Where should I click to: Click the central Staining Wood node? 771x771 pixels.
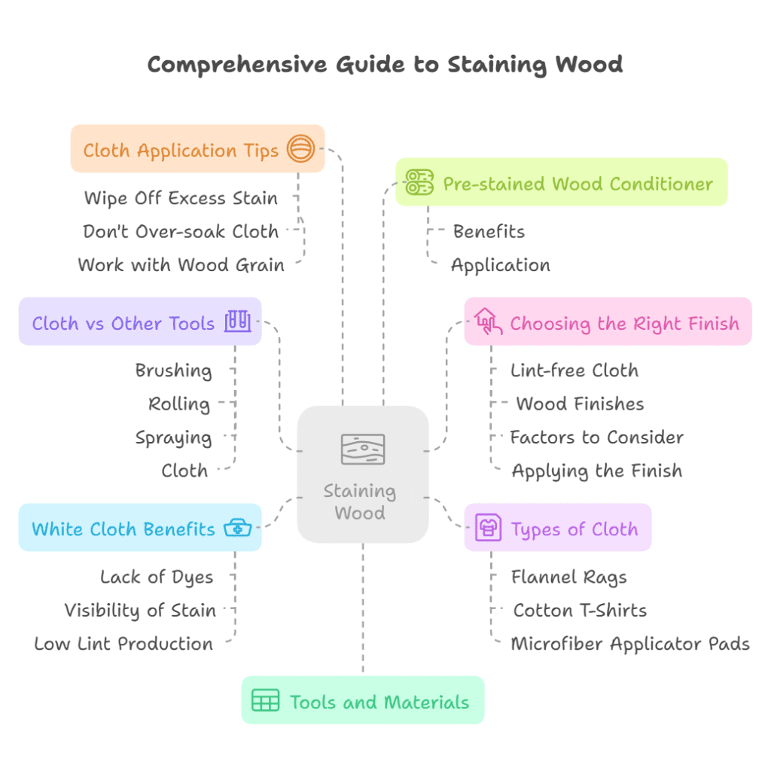(x=363, y=474)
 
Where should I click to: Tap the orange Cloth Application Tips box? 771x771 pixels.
(x=197, y=149)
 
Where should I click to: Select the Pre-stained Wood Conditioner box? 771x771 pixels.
(x=561, y=182)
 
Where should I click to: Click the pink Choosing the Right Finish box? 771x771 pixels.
(x=608, y=322)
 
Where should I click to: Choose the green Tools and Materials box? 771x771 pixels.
(x=362, y=700)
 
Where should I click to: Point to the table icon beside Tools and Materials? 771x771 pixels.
(x=265, y=700)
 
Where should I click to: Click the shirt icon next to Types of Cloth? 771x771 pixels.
(x=489, y=529)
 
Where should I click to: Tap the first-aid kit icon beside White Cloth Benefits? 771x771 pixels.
(x=238, y=528)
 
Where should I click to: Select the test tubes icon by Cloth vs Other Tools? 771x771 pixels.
(x=238, y=322)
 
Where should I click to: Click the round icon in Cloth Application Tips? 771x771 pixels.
(x=300, y=148)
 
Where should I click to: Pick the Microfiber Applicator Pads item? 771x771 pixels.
(x=630, y=644)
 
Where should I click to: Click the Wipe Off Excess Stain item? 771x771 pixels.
(x=181, y=199)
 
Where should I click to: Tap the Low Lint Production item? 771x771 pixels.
(x=123, y=644)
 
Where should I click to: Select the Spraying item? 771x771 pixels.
(x=173, y=437)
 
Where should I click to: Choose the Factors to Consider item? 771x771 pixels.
(x=596, y=437)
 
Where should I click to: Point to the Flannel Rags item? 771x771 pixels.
(x=568, y=577)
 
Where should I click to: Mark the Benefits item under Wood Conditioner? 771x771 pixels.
(x=489, y=231)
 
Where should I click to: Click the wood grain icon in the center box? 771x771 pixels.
(x=363, y=449)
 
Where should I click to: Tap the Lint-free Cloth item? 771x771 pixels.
(x=574, y=370)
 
